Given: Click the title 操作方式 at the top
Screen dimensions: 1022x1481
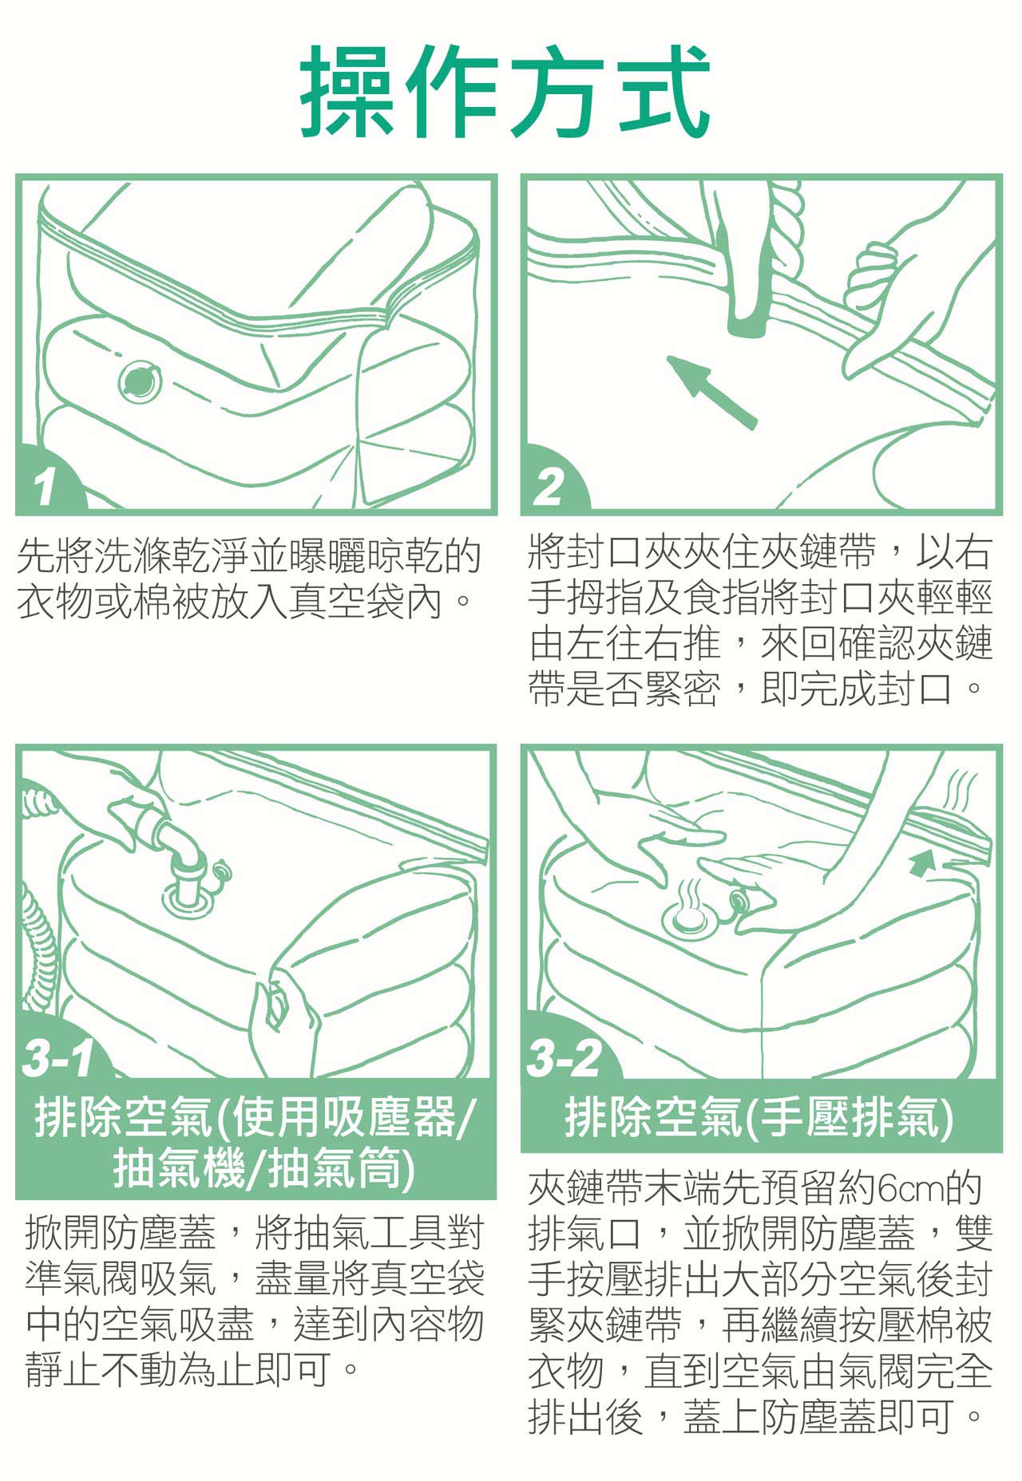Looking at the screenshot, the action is point(505,91).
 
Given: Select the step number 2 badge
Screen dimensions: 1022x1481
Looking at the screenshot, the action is point(551,484).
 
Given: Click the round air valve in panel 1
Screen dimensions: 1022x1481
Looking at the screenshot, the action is point(141,381).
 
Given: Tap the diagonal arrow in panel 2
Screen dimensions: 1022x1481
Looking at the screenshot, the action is point(711,391).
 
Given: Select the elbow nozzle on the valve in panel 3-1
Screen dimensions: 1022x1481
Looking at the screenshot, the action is point(180,858).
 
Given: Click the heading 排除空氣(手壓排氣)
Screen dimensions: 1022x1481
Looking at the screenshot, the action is point(760,1116).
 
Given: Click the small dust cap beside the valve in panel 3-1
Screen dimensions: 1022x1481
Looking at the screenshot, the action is point(221,870).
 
